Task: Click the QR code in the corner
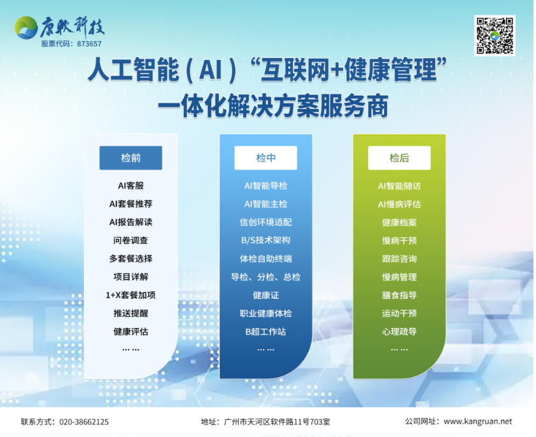coord(495,36)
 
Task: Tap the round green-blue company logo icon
coord(26,27)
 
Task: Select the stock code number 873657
coord(89,44)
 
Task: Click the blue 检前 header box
coord(130,158)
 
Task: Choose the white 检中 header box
coord(265,158)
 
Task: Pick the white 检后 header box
coord(399,158)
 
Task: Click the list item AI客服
coord(130,186)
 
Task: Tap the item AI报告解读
coord(130,222)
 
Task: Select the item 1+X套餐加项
coord(130,295)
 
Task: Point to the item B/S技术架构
coord(265,240)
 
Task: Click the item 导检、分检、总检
coord(265,277)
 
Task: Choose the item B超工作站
coord(265,332)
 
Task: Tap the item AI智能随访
coord(399,186)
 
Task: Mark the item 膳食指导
coord(399,296)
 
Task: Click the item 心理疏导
coord(399,332)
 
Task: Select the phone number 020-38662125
coord(84,422)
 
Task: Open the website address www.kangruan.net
coord(478,422)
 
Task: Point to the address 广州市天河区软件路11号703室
coord(277,422)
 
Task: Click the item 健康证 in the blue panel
coord(265,296)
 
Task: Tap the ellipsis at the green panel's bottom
coord(399,350)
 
